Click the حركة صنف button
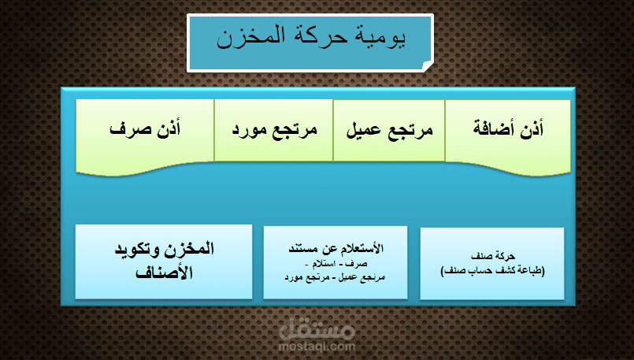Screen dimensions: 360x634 [x=492, y=263]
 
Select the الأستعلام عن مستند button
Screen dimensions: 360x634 [x=336, y=262]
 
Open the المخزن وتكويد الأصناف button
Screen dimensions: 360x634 [x=164, y=262]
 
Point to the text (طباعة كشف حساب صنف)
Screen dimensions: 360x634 [x=492, y=270]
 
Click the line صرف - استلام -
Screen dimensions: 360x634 [x=336, y=263]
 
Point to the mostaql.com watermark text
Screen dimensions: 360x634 [x=317, y=346]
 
